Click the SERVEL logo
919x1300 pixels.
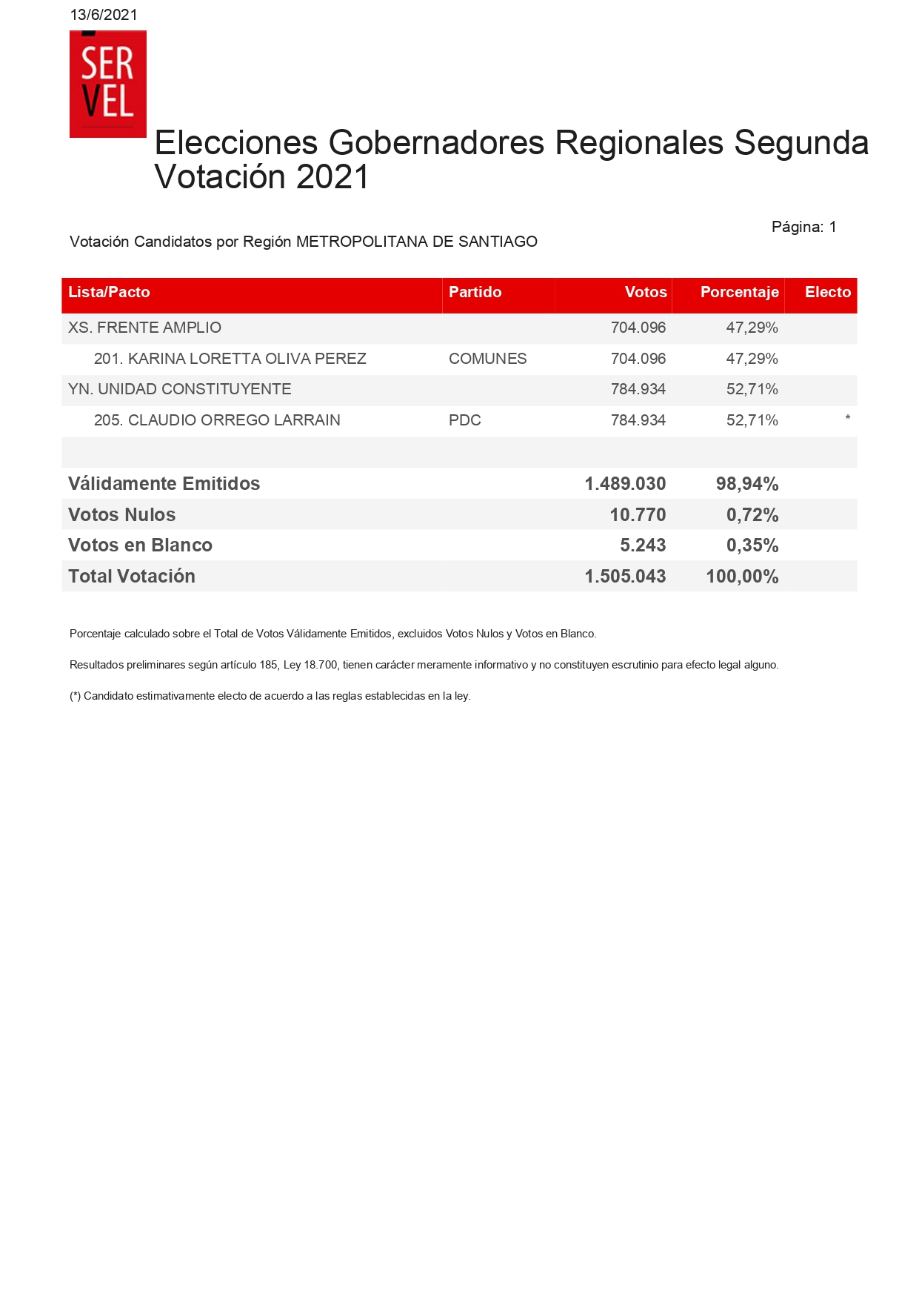pos(108,84)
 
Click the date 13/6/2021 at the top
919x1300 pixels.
pos(104,15)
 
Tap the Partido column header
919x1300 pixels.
pos(475,292)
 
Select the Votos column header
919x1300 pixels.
pos(646,292)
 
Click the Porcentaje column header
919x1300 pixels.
pos(739,292)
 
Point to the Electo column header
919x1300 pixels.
pos(827,292)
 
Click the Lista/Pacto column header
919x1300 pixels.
pos(109,292)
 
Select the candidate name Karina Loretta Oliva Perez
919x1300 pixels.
pos(230,359)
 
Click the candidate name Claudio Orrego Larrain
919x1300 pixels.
pos(217,420)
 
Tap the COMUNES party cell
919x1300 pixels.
pos(487,359)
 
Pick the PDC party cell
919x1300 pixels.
pos(464,420)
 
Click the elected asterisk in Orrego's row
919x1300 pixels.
pos(847,419)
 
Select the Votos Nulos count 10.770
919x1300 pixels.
pos(637,514)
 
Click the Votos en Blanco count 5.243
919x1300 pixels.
pos(642,545)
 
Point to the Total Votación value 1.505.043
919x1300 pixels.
pos(625,577)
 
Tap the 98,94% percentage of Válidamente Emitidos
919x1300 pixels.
pos(746,484)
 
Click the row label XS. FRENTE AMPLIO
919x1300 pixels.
pos(144,328)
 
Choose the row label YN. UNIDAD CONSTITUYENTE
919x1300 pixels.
pos(179,389)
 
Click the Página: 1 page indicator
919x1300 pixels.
pos(803,227)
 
